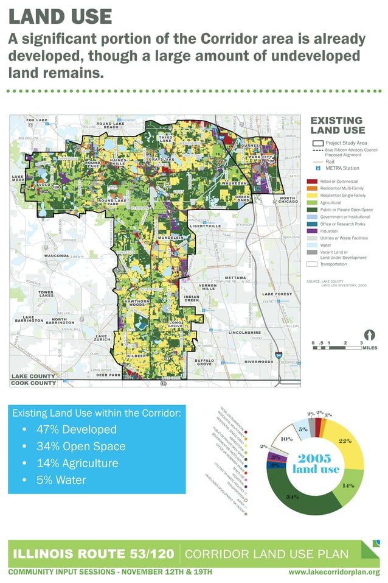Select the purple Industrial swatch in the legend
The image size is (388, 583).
point(311,231)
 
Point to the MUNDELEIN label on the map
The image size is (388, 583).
point(171,237)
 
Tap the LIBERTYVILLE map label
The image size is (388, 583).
point(206,226)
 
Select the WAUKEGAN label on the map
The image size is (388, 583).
point(234,183)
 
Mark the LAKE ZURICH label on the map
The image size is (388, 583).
point(102,337)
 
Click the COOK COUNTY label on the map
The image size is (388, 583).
point(33,383)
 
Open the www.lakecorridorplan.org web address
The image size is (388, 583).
point(334,572)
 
